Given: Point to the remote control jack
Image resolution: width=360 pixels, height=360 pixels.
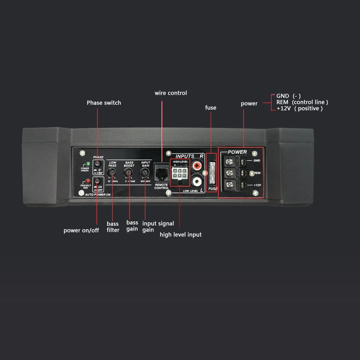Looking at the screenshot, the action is click(161, 173).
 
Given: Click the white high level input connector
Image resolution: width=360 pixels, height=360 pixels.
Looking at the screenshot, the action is click(180, 174).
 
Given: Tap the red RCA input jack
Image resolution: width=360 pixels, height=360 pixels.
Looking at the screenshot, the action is click(197, 166).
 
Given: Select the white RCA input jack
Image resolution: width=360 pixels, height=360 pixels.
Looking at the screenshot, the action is click(197, 181).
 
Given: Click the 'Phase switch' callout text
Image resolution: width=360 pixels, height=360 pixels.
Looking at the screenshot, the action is click(104, 103).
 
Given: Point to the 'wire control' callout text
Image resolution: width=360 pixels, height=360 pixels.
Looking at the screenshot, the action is click(171, 93).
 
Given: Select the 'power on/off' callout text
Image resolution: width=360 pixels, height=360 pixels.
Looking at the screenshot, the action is click(81, 230).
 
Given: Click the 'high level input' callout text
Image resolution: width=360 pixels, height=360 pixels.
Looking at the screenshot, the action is click(180, 234).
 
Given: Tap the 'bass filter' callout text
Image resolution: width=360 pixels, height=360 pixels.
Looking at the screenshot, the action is click(113, 227).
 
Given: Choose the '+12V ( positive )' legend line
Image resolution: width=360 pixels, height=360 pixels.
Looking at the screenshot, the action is click(300, 108).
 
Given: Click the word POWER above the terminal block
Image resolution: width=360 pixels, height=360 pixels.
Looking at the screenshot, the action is click(237, 152).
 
